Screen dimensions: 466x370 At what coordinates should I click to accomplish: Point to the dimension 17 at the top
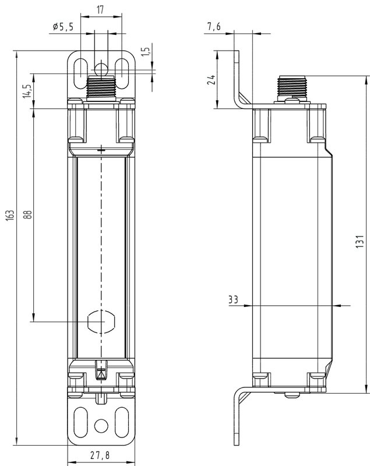pos(101,9)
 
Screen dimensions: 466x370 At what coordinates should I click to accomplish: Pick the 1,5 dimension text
pos(150,52)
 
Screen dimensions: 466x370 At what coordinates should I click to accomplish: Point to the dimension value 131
pos(361,242)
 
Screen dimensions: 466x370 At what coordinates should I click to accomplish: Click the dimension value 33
pos(234,300)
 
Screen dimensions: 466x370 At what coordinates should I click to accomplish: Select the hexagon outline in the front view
pos(102,322)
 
